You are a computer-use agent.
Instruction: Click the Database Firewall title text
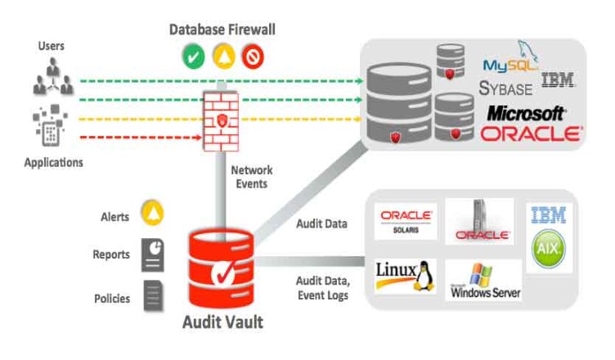(222, 29)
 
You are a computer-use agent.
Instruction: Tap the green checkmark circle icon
(193, 56)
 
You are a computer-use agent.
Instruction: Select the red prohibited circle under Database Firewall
(252, 56)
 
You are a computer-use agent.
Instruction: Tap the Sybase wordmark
(506, 88)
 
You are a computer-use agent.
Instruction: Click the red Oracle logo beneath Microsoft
(531, 134)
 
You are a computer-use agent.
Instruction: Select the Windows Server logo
(483, 280)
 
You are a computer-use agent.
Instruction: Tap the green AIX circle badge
(549, 250)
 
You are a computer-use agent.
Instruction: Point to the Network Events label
(252, 177)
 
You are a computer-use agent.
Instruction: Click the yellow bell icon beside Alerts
(153, 214)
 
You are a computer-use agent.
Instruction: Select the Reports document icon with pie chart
(153, 254)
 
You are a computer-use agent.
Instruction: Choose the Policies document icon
(153, 295)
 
